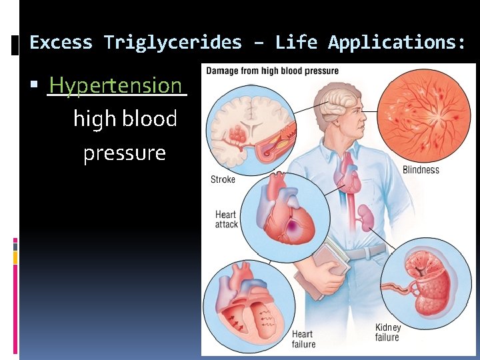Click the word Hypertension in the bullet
tap(115, 85)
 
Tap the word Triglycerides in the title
tap(173, 43)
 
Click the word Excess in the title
tap(62, 43)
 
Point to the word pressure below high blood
tap(125, 153)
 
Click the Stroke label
tap(223, 179)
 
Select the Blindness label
tap(421, 170)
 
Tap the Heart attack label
tap(226, 219)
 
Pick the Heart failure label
tap(302, 339)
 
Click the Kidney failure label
tap(388, 332)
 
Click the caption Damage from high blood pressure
tap(272, 71)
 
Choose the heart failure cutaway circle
tap(245, 306)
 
